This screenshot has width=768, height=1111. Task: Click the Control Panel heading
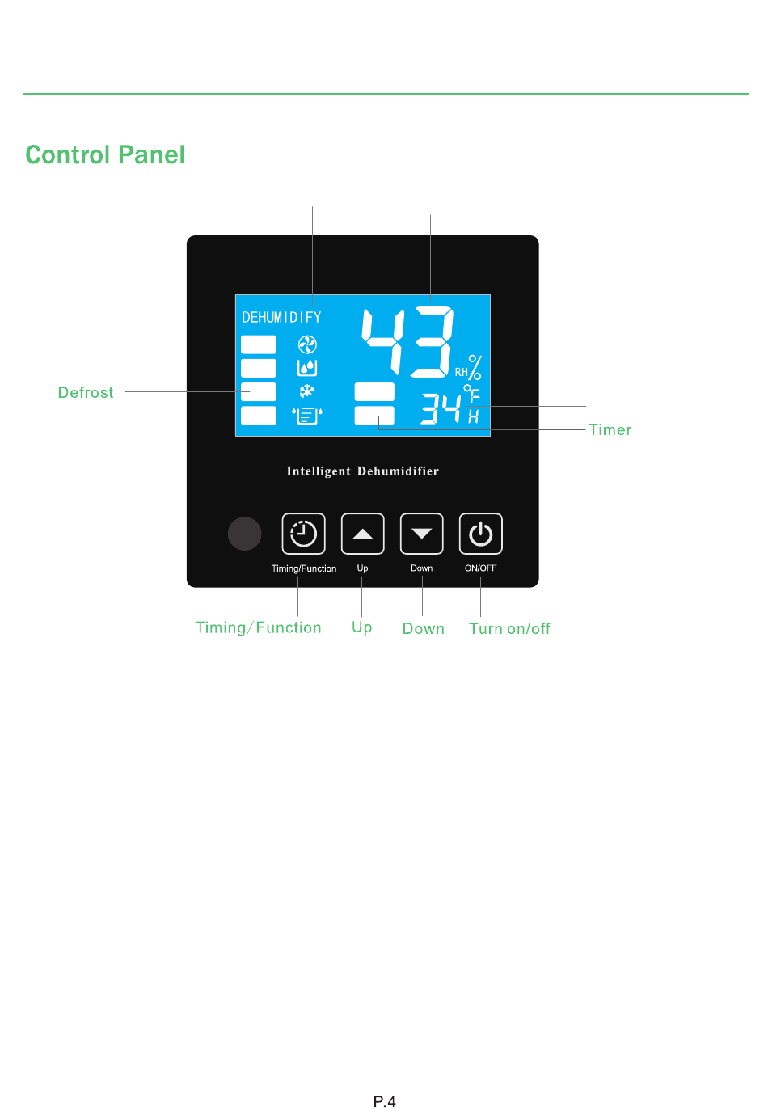105,154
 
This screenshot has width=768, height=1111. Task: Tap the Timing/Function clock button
303,534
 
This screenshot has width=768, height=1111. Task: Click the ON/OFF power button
480,534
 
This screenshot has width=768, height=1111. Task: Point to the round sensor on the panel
244,534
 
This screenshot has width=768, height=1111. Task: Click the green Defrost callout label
86,393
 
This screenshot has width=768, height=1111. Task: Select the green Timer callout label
610,430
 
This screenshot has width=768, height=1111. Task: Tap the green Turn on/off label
509,629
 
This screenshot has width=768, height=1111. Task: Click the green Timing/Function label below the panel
259,628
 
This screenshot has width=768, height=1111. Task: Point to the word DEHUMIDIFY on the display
281,318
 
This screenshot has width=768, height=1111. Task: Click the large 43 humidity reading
407,343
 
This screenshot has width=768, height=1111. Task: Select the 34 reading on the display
441,409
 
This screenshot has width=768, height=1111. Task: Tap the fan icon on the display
307,345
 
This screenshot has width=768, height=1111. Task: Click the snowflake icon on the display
307,391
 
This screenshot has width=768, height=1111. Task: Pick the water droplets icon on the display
307,368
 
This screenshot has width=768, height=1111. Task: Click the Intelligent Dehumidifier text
362,471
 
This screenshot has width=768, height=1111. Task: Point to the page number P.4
384,1101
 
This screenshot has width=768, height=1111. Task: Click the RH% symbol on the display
469,369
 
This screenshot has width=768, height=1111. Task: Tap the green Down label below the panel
423,629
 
